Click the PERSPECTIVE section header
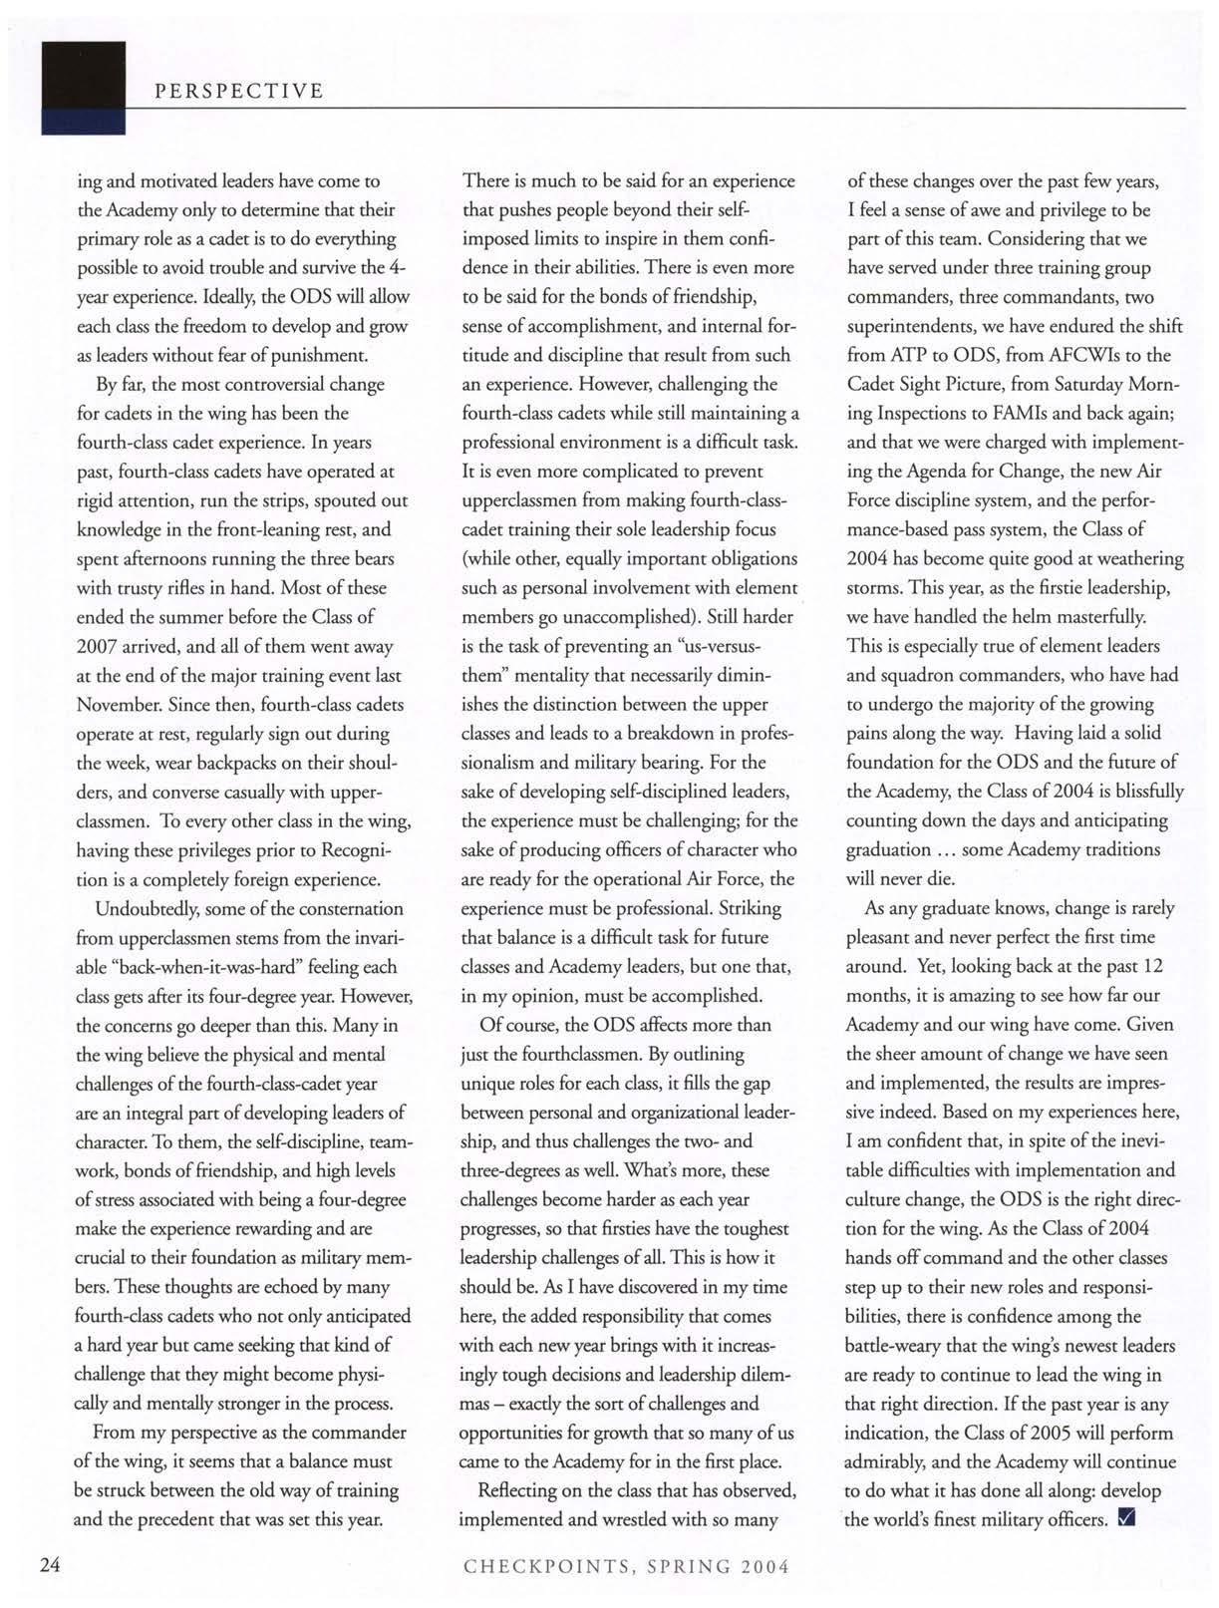coord(238,92)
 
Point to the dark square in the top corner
coord(83,88)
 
